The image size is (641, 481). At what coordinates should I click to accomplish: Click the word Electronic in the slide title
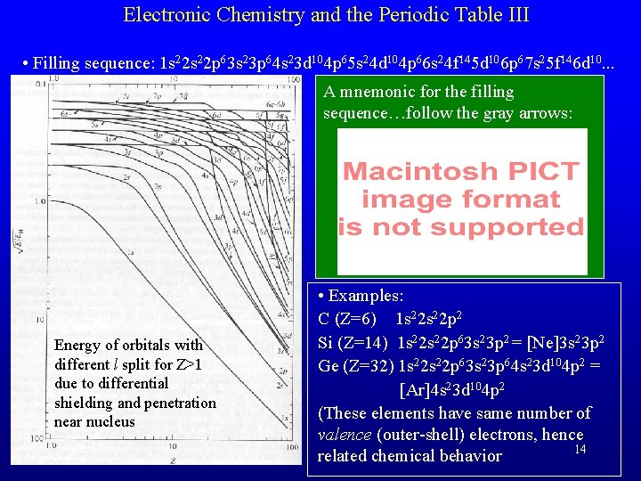coord(161,14)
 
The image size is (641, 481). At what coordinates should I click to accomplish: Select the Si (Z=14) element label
coord(353,342)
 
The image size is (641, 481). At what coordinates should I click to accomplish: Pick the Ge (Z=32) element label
coord(357,366)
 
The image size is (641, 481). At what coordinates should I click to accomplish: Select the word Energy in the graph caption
coord(78,345)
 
